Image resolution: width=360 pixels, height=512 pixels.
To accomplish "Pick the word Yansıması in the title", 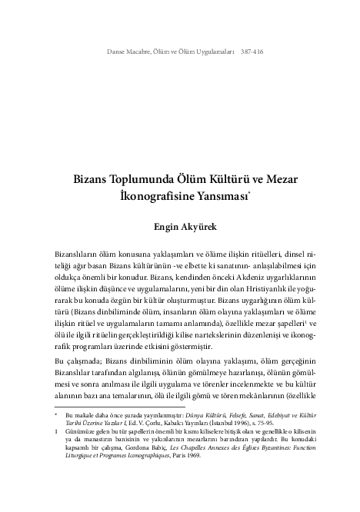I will (216, 196).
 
